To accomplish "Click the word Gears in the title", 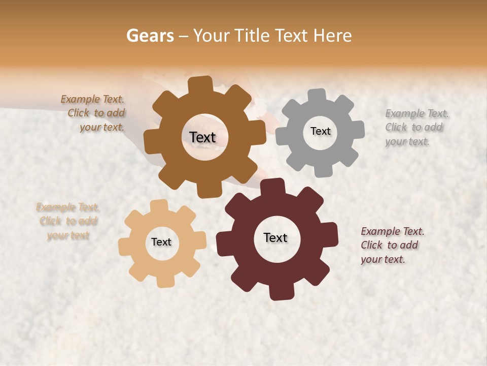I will (150, 36).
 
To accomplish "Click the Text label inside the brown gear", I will (203, 137).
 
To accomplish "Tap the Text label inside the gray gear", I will (320, 131).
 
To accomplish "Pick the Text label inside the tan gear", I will (161, 242).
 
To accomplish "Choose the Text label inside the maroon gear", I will (275, 237).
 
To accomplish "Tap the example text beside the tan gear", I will (68, 221).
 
